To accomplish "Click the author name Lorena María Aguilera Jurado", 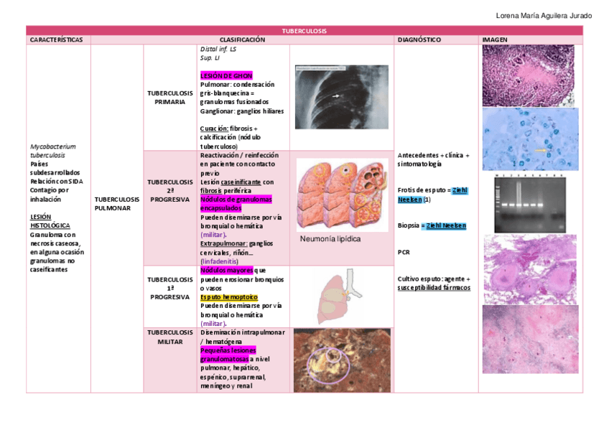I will pos(544,16).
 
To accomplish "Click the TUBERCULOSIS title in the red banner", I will pos(304,31).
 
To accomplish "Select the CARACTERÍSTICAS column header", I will pos(56,39).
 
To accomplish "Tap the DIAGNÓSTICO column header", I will pos(419,39).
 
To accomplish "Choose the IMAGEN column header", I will pos(495,39).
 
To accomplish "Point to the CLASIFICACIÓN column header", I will pos(242,39).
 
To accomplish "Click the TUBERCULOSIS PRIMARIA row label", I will pos(170,98).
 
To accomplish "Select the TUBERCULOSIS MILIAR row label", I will pos(170,337).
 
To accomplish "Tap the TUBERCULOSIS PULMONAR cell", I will pos(117,203).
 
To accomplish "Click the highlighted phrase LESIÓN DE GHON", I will pos(226,75).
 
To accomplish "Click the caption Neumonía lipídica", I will pos(330,239).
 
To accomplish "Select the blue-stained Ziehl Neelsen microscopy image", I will pos(531,140).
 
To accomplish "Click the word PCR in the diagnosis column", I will pos(403,253).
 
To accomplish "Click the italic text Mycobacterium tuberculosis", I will pos(52,151).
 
